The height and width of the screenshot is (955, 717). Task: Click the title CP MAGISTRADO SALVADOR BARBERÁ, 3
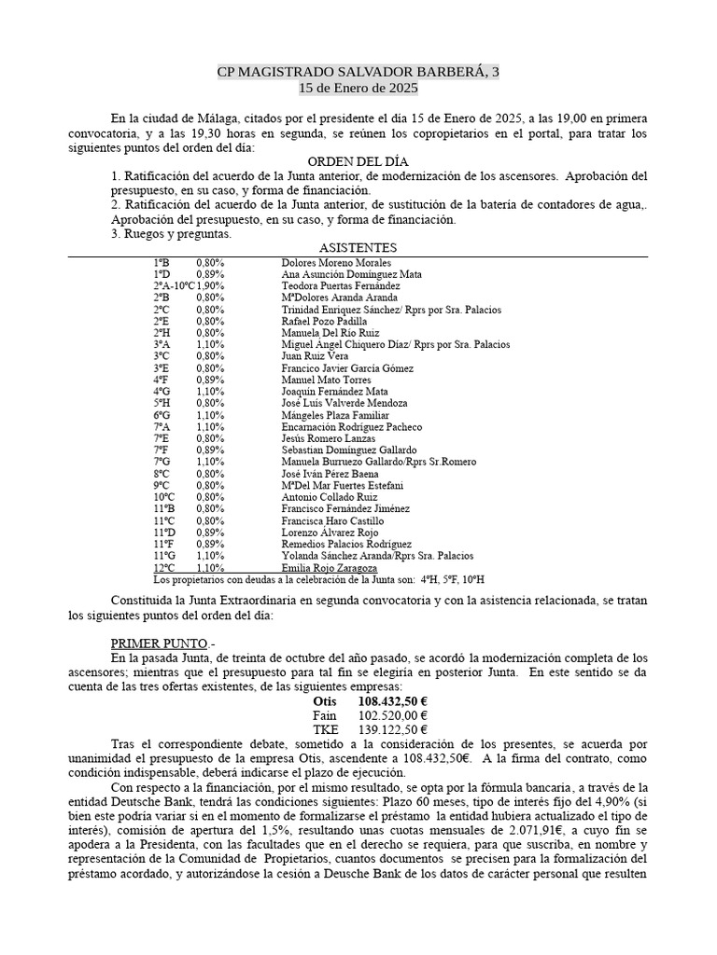(358, 72)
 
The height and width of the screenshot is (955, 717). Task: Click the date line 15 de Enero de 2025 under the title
(358, 88)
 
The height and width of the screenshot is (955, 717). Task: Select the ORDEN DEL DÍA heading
(358, 161)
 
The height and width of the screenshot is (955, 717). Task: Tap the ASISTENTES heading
(358, 247)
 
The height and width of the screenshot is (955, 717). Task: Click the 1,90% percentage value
(211, 286)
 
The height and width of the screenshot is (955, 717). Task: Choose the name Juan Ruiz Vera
(315, 356)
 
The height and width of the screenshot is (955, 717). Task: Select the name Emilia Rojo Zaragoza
(329, 567)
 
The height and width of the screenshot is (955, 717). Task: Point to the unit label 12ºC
(164, 567)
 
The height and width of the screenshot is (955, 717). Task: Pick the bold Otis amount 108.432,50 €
(393, 701)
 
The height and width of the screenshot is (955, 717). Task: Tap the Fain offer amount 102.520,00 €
(393, 715)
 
